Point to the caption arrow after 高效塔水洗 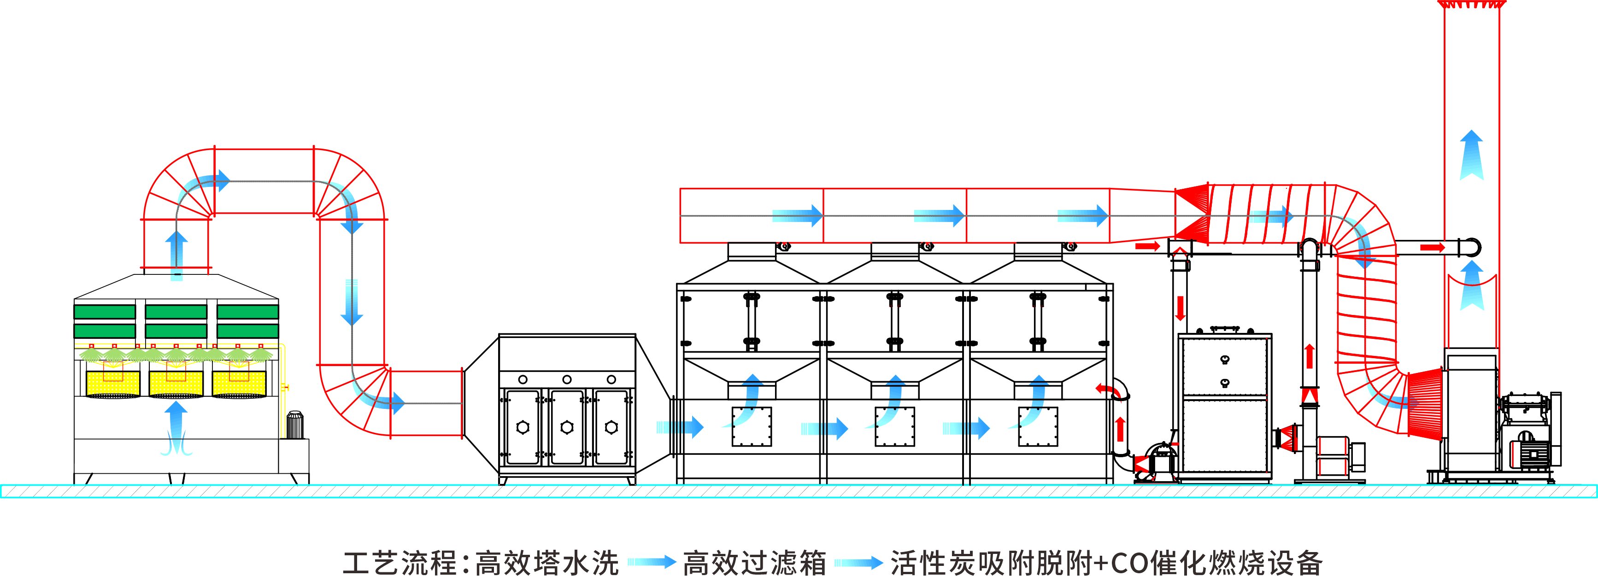pos(652,562)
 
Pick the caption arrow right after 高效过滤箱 pos(858,562)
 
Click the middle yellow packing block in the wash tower pos(176,383)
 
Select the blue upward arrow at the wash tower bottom pos(176,428)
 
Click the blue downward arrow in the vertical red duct pos(352,302)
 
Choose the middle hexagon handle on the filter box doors pos(567,427)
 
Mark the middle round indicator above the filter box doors pos(567,379)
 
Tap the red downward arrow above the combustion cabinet pos(1180,308)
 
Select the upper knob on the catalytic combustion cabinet pos(1225,360)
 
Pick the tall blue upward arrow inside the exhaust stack pos(1471,155)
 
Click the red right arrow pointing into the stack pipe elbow pos(1433,247)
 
